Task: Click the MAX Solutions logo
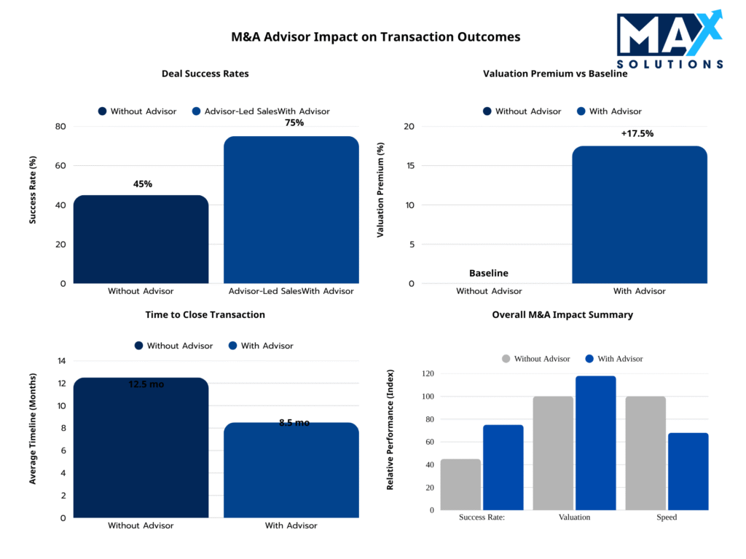click(x=670, y=40)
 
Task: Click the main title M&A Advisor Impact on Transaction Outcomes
click(x=375, y=36)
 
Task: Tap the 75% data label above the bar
click(x=294, y=123)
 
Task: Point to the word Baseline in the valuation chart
click(x=489, y=273)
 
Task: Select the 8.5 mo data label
click(x=294, y=423)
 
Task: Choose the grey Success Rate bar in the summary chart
click(x=460, y=484)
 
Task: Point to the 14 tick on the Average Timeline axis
click(x=61, y=361)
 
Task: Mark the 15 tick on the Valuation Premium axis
click(x=409, y=166)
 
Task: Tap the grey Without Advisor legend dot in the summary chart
click(x=506, y=359)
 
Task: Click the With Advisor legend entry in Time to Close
click(x=260, y=346)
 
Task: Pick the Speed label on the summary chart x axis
click(x=666, y=518)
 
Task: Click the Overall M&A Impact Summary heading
click(x=562, y=315)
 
